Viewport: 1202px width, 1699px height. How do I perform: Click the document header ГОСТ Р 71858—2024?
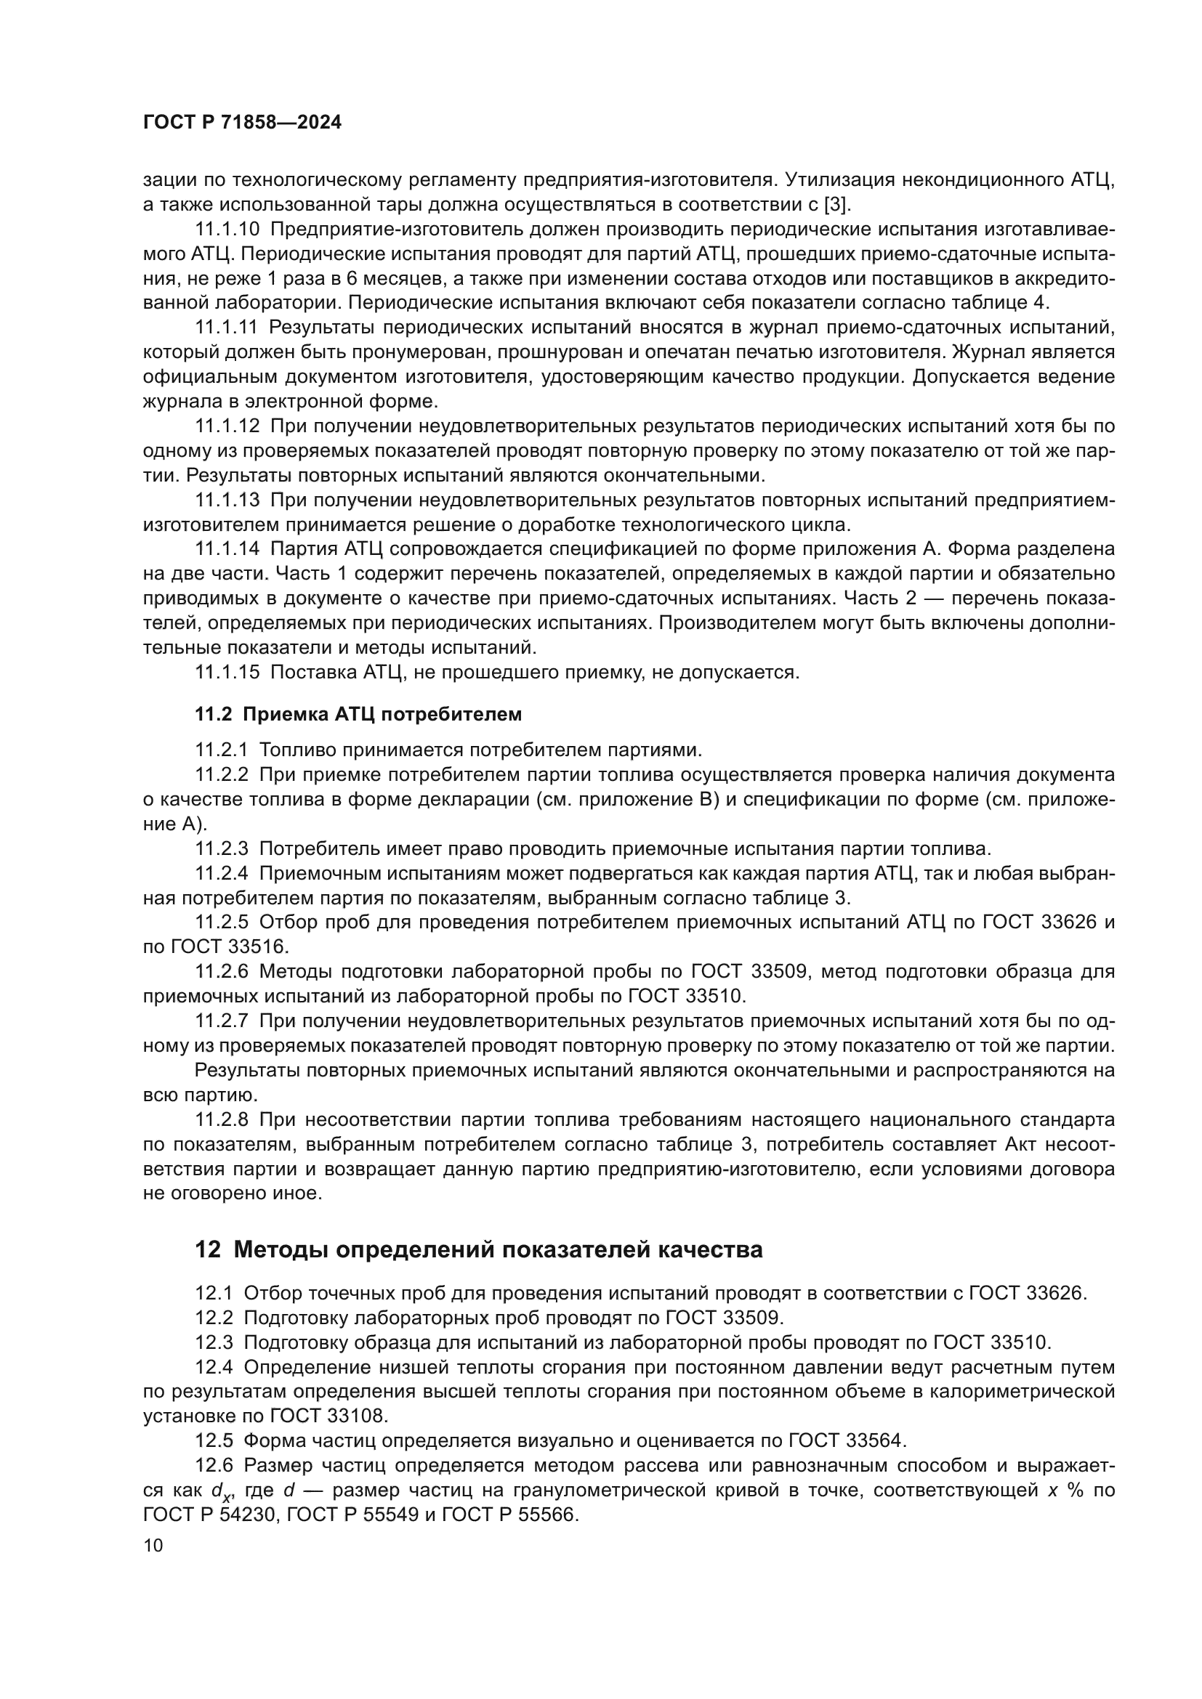[242, 123]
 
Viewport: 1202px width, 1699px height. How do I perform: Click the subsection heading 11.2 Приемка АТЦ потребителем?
[358, 714]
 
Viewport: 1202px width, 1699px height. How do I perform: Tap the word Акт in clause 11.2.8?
[1022, 1145]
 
